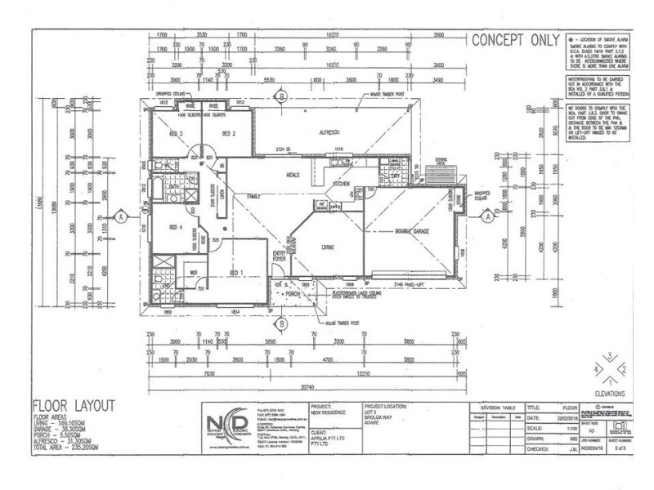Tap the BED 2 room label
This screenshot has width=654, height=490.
point(229,132)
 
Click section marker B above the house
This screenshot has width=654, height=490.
point(280,96)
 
